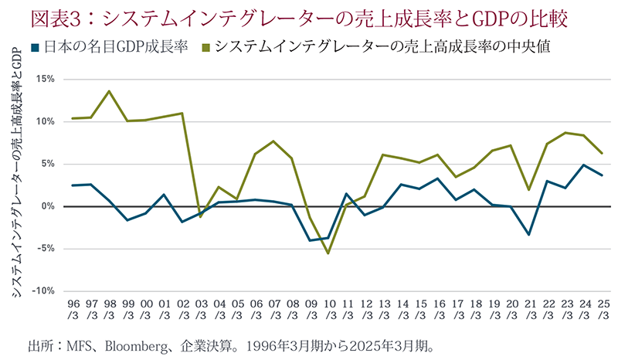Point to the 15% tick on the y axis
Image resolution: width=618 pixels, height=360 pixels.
[x=44, y=79]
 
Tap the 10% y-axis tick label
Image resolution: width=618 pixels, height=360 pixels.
[x=44, y=121]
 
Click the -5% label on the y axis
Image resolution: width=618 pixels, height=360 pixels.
[x=44, y=249]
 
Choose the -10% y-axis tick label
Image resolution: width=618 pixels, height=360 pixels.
[x=42, y=291]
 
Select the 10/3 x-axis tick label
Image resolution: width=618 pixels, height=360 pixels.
[x=328, y=310]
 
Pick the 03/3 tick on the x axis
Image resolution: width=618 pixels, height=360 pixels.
[x=200, y=310]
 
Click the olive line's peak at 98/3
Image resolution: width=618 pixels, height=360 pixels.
[x=109, y=91]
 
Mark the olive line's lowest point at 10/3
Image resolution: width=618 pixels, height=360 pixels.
[x=328, y=253]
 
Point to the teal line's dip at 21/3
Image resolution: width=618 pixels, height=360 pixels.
[x=528, y=234]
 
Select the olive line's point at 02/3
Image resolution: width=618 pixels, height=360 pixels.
[x=182, y=114]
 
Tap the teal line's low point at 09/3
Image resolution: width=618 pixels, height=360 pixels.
[x=310, y=240]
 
